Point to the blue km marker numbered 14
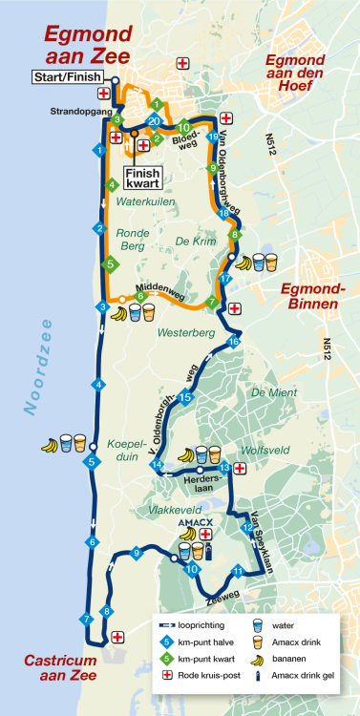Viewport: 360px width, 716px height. tap(158, 465)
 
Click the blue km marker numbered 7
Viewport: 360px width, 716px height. tap(87, 619)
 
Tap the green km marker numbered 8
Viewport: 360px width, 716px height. tap(234, 234)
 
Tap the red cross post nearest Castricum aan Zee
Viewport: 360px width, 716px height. tap(117, 637)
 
